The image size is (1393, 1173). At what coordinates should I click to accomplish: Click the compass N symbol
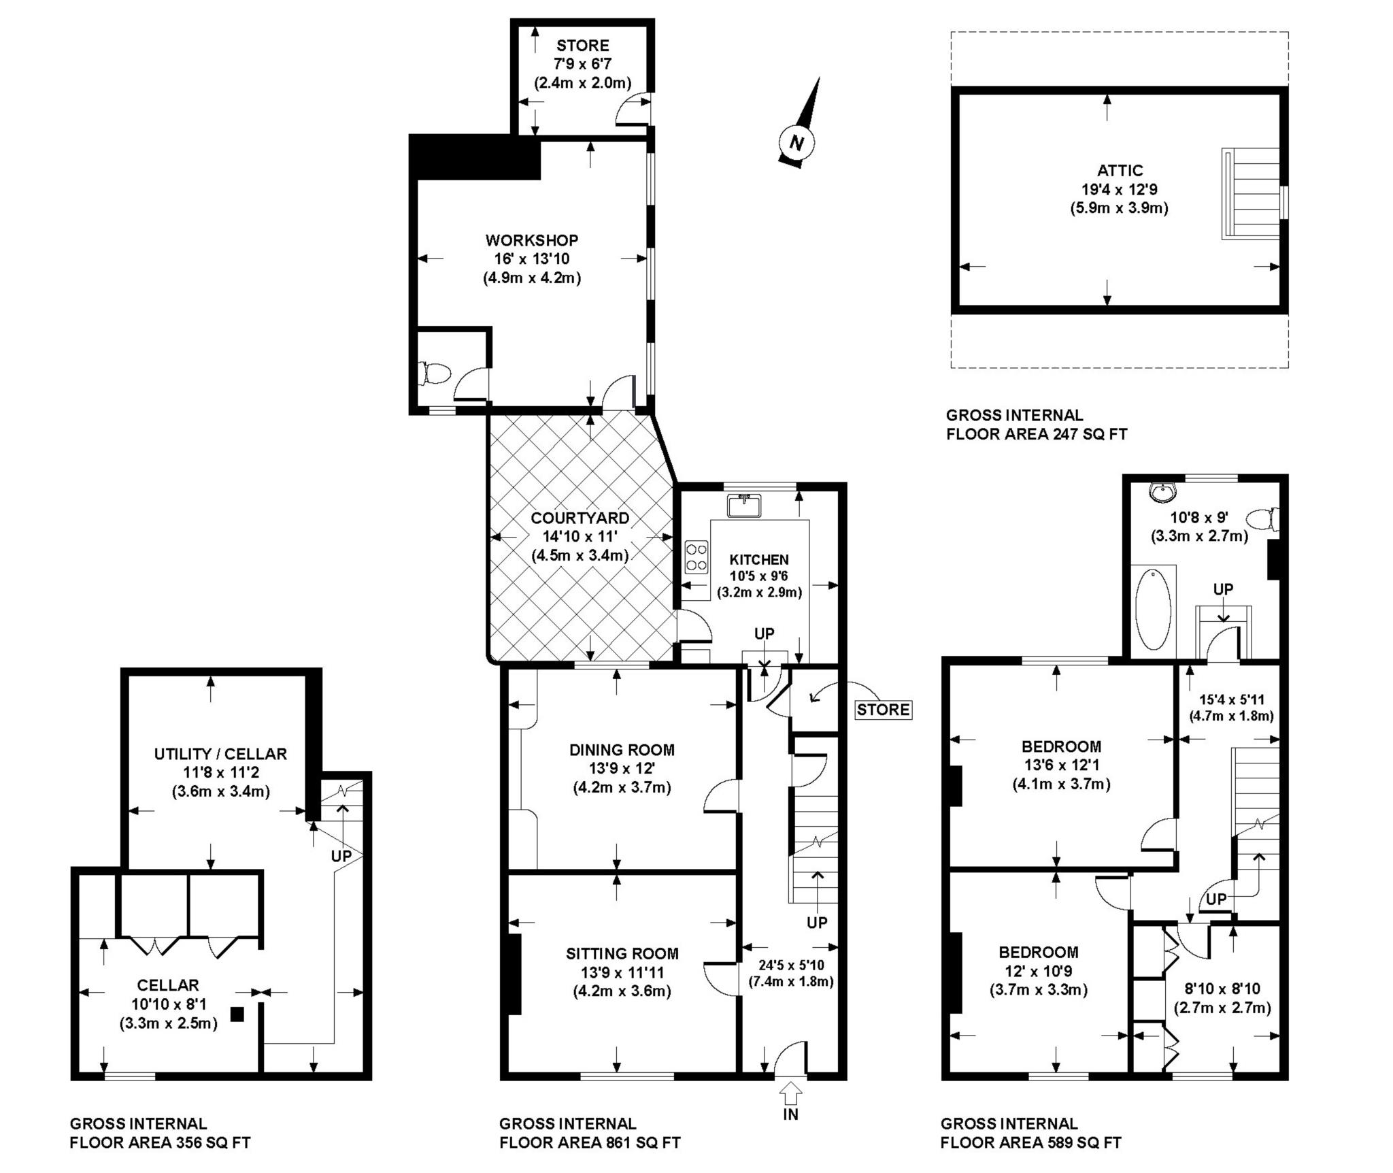(x=797, y=142)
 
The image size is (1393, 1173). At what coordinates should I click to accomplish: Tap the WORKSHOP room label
(x=532, y=240)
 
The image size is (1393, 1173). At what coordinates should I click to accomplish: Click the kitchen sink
(x=744, y=506)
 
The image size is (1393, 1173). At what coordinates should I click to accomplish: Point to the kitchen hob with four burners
(x=696, y=557)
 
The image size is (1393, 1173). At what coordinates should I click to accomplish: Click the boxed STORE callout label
(x=884, y=710)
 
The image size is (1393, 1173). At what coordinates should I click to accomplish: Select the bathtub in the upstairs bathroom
(x=1153, y=610)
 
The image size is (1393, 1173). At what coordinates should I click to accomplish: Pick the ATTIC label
(x=1120, y=170)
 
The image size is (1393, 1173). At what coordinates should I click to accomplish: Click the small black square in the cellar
(x=237, y=1014)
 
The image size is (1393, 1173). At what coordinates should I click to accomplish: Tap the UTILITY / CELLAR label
(x=220, y=754)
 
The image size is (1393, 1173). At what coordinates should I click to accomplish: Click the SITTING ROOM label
(x=622, y=953)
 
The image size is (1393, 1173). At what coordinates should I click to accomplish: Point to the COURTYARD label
(x=580, y=518)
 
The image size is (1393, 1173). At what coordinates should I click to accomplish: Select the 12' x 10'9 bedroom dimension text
(x=1038, y=971)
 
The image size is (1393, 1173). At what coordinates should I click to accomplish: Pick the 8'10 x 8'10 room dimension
(x=1222, y=989)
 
